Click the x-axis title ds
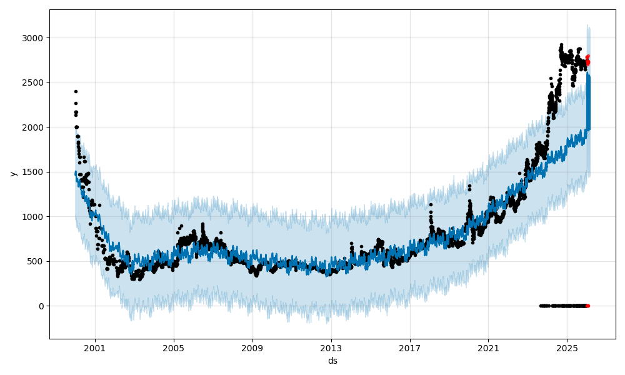coord(332,361)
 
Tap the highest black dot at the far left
coord(76,91)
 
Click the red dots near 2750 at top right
coord(587,61)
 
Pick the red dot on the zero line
coord(587,306)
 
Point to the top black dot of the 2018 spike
coord(431,204)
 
